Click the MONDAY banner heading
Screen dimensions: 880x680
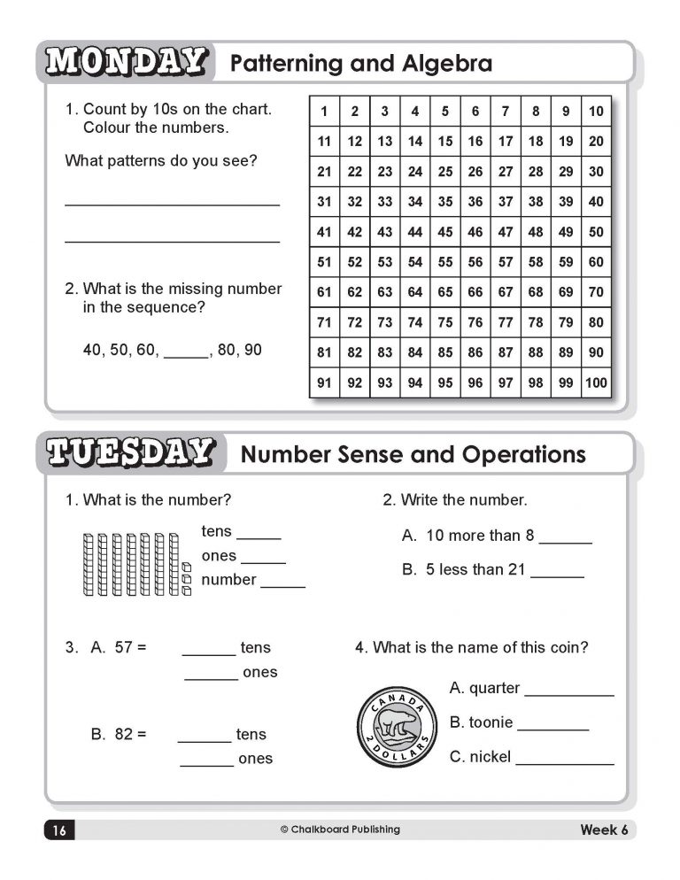coord(126,62)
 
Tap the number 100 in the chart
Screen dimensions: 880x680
coord(595,383)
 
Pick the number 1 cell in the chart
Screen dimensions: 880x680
coord(324,112)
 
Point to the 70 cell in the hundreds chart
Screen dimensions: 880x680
coord(595,292)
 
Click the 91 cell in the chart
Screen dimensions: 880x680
coord(324,383)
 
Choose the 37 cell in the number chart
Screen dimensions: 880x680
coord(506,202)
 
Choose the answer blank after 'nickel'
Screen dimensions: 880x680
coord(564,760)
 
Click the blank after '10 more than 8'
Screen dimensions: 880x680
coord(565,538)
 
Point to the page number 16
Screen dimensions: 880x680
coord(58,830)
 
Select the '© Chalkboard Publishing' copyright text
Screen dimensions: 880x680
coord(340,830)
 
